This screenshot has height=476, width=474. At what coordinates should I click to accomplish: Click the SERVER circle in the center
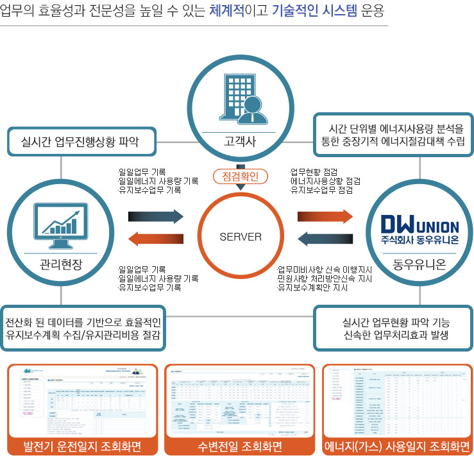coord(241,237)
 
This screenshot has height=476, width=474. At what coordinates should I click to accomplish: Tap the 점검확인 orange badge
coord(240,176)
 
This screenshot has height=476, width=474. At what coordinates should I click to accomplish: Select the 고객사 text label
coord(240,142)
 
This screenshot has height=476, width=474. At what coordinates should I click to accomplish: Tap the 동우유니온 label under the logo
coord(419,264)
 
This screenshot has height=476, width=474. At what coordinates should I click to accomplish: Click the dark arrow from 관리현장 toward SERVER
coord(156,216)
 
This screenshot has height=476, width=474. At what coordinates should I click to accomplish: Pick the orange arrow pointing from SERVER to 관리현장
coord(156,239)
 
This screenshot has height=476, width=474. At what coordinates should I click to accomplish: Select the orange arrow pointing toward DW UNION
coord(325,216)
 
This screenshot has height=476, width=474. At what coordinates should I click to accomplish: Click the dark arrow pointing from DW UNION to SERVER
coord(325,239)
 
